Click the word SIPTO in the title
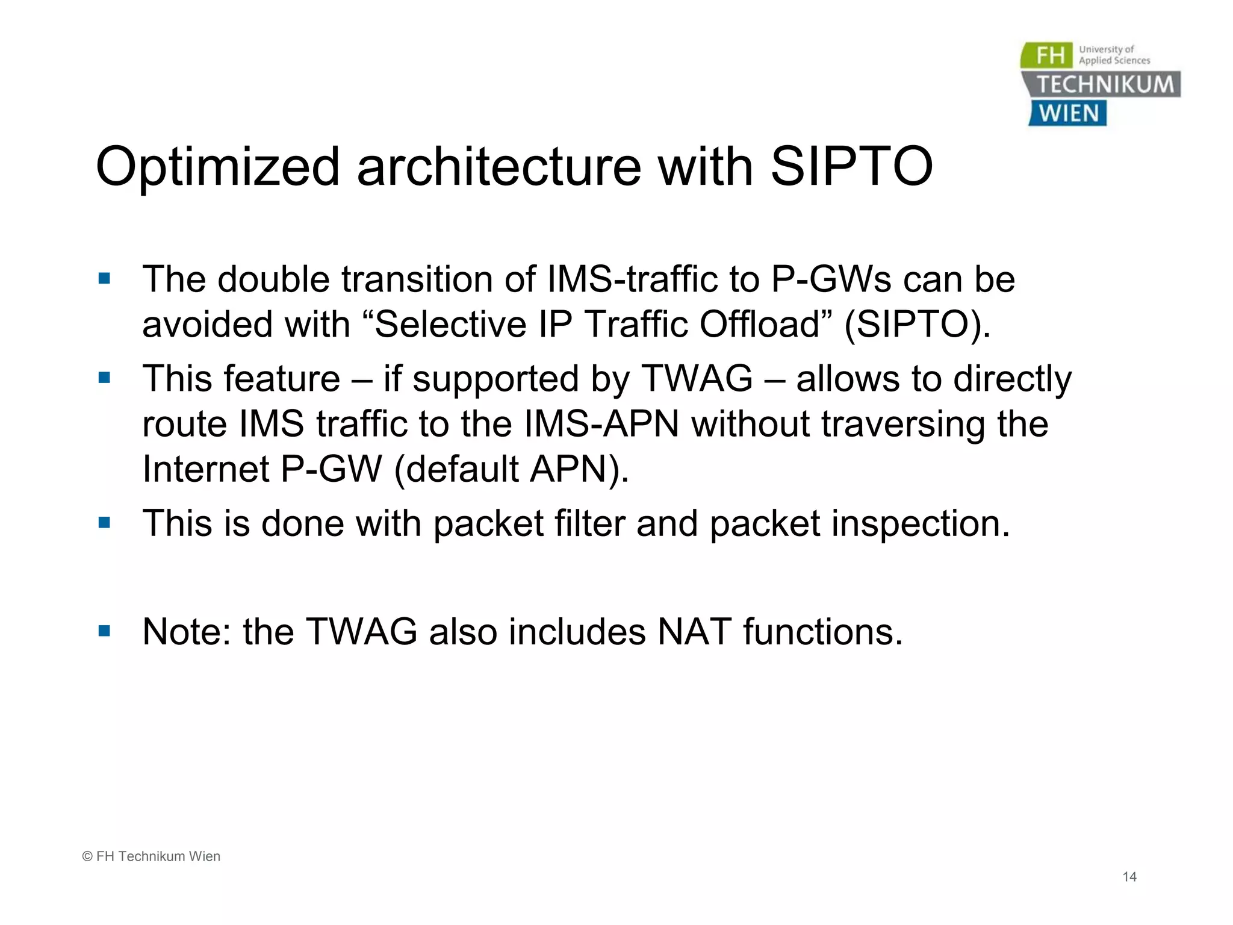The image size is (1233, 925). (851, 167)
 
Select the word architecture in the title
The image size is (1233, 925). (499, 167)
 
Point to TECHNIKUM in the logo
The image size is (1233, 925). (1105, 84)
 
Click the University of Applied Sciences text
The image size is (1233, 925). (1114, 55)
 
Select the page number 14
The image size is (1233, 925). (1129, 877)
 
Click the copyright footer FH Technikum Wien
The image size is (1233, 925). (151, 856)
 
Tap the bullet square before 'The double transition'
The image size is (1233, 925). (104, 278)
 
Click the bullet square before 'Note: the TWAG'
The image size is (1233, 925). (104, 631)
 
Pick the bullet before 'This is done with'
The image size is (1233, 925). (104, 522)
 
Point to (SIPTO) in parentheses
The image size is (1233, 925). (916, 325)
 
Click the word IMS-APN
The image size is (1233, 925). (601, 423)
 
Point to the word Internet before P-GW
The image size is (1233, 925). (205, 469)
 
